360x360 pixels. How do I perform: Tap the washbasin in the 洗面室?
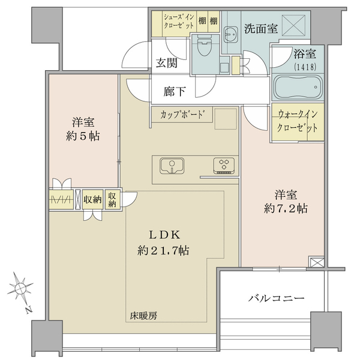(231, 35)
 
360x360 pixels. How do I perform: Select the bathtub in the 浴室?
(298, 88)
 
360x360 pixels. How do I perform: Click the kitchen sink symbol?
(172, 166)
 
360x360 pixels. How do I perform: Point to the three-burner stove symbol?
(224, 166)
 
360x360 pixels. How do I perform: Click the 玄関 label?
(167, 63)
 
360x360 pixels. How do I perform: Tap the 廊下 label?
(175, 91)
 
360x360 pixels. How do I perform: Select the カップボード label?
(182, 114)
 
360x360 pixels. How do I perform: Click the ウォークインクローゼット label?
(298, 121)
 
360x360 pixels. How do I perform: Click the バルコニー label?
(277, 298)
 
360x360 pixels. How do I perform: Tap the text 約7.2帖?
(286, 209)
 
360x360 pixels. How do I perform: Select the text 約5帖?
(83, 137)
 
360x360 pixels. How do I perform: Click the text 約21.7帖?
(163, 250)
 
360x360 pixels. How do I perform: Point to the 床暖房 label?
(144, 316)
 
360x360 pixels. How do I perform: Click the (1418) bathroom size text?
(305, 67)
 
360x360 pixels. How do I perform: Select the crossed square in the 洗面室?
(293, 25)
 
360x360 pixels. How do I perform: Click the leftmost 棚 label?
(202, 22)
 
